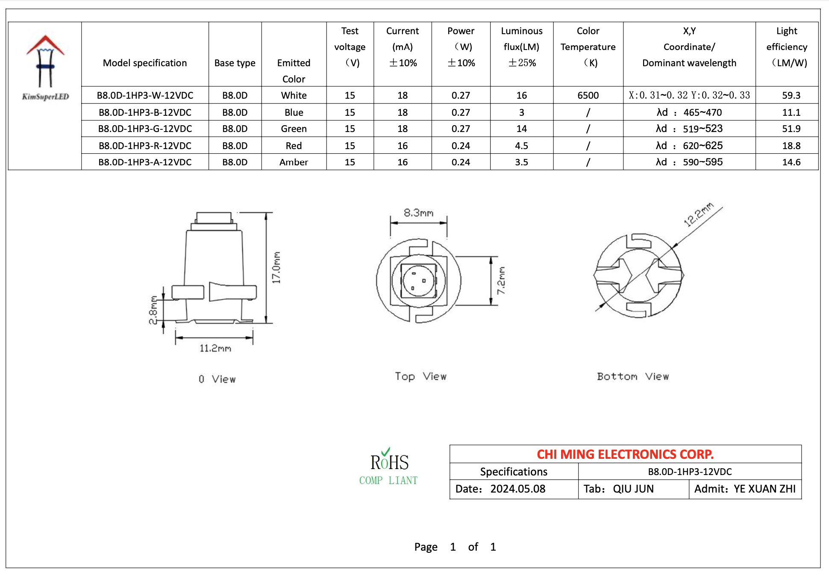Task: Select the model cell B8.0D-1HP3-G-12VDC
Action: pos(145,129)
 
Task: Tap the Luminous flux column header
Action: pos(521,47)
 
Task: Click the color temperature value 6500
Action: pos(588,95)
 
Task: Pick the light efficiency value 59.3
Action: pos(791,95)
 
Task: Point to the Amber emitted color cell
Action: pos(294,162)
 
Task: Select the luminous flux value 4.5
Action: pos(521,146)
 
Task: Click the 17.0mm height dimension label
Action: pos(276,267)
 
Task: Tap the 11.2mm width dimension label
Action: pos(215,348)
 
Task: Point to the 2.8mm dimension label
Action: pos(153,310)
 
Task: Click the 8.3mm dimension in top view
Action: pos(418,213)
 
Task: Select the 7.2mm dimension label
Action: pos(501,280)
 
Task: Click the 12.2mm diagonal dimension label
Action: pos(698,214)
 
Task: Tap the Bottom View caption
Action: pos(632,376)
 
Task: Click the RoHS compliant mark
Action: pos(388,467)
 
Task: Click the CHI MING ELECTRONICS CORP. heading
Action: pos(625,454)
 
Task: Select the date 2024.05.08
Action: pos(517,489)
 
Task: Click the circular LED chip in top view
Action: pos(418,281)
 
